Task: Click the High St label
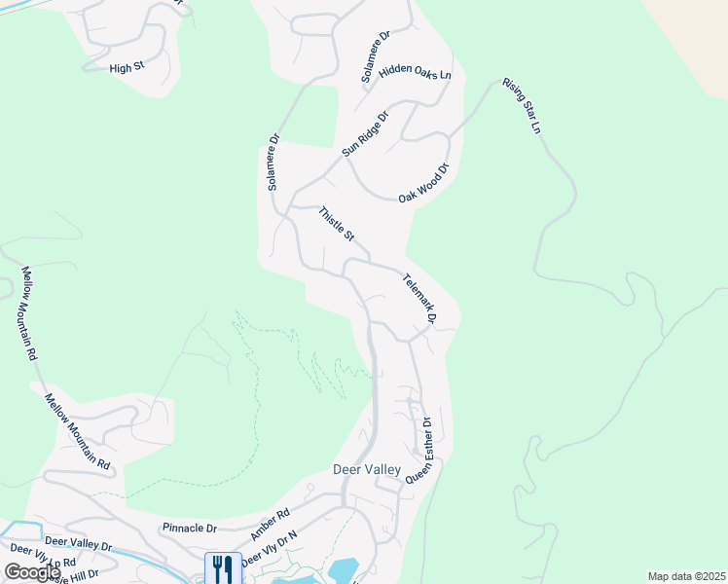coord(127,68)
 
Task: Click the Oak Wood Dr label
coord(425,182)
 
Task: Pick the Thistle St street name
coord(338,224)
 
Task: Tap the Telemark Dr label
coord(419,297)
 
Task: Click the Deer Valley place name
coord(367,469)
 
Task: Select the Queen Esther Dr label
coord(419,450)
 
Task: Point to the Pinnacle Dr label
coord(189,528)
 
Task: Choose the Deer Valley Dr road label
coord(79,545)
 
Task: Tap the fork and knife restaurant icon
coord(223,567)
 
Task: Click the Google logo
coord(32,572)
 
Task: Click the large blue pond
coord(345,569)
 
